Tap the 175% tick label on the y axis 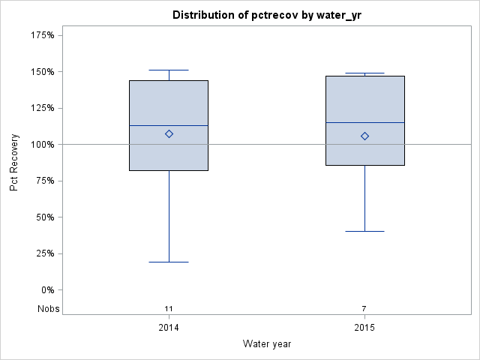click(42, 35)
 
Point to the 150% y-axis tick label click(42, 72)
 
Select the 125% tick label click(42, 108)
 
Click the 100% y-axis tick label click(42, 145)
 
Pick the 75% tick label click(44, 181)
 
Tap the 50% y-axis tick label click(44, 217)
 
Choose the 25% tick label click(44, 253)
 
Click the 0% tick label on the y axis click(46, 290)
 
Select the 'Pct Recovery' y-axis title click(14, 163)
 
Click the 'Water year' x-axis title click(267, 343)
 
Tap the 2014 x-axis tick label click(169, 328)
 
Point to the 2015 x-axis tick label click(364, 328)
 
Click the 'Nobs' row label click(49, 308)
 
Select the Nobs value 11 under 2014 click(169, 308)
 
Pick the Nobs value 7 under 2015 click(364, 308)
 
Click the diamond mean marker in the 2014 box click(169, 134)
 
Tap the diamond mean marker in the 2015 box click(364, 136)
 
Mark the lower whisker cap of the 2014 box click(169, 262)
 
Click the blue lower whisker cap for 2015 click(364, 231)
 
